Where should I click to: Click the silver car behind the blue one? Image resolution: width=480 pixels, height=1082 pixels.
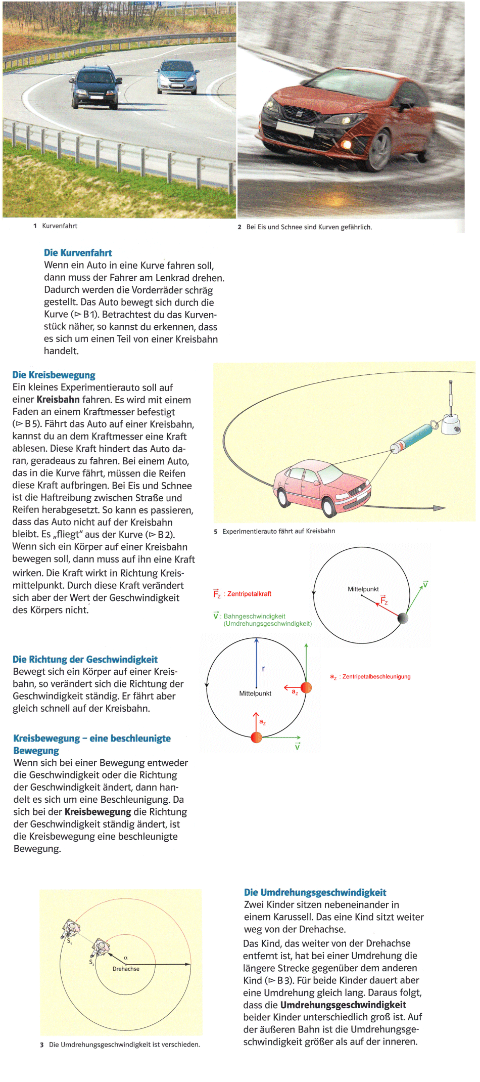coord(176,76)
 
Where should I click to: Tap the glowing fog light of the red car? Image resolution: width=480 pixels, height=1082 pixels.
coord(346,145)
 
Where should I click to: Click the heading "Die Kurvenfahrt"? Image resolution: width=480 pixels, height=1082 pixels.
coord(78,253)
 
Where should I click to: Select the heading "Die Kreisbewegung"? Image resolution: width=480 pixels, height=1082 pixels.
coord(54,375)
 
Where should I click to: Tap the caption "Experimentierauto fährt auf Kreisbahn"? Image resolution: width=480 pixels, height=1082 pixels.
coord(278,531)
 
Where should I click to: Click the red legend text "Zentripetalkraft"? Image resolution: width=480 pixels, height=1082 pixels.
coord(249,594)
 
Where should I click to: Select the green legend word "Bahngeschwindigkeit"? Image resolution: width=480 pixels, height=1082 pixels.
coord(254,616)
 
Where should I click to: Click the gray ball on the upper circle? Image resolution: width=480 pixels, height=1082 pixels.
coord(403,618)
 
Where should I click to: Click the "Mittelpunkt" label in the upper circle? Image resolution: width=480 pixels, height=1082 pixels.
coord(363,589)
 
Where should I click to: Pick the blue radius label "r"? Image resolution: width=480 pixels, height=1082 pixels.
coord(263,669)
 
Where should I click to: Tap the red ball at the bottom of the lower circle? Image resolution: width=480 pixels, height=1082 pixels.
coord(256,738)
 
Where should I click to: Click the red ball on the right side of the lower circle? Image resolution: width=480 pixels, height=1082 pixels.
coord(306,687)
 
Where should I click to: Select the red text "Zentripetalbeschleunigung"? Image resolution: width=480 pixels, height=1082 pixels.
coord(376,677)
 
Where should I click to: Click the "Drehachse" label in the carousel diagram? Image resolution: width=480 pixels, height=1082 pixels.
coord(126,969)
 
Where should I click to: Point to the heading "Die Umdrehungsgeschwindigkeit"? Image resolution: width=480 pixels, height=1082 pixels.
coord(315,892)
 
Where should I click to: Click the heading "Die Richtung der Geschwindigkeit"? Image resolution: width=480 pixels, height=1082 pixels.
coord(85,659)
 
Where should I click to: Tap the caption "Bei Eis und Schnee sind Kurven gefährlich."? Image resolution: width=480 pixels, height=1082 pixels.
coord(309,227)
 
